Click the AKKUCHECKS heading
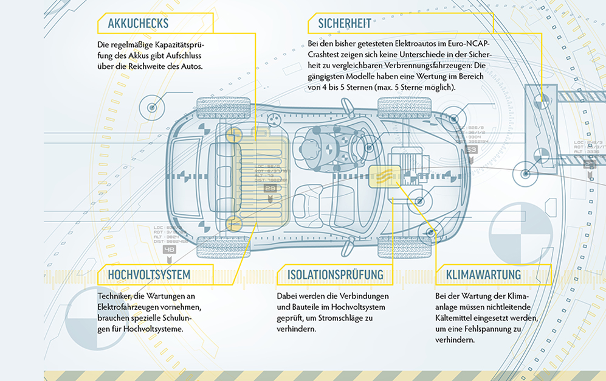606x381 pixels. [x=138, y=24]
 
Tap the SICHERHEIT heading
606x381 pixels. [x=345, y=24]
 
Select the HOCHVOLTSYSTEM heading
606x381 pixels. [x=149, y=274]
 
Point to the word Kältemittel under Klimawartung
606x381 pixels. [x=460, y=318]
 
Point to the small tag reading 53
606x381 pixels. [x=472, y=149]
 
